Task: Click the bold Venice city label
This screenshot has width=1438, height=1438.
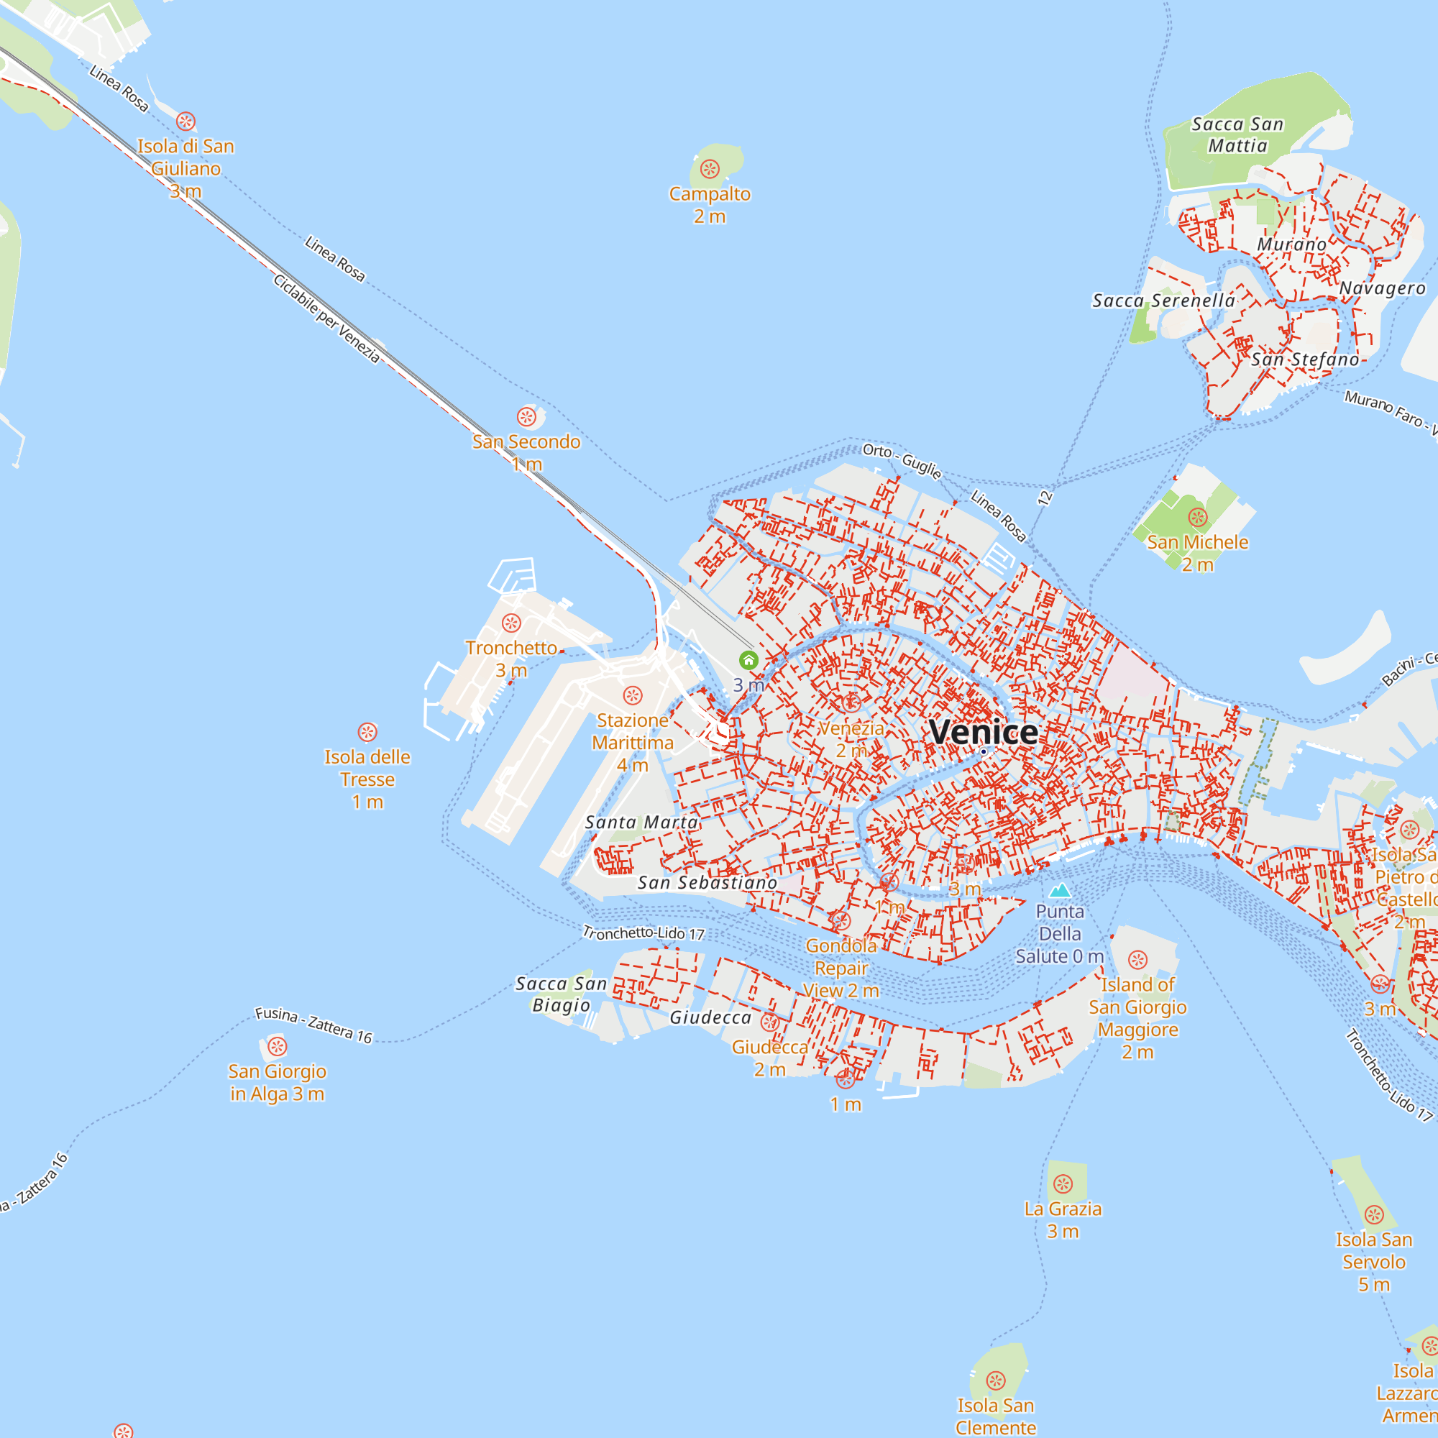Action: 983,733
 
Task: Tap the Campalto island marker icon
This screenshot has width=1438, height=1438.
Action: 710,170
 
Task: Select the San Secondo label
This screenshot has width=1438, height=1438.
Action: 526,442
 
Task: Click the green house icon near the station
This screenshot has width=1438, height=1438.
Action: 748,660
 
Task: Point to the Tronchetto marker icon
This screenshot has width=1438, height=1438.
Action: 511,623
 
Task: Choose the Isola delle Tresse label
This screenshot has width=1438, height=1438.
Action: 367,779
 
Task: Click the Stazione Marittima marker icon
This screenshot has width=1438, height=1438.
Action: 633,695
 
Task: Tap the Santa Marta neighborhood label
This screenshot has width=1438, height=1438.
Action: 641,823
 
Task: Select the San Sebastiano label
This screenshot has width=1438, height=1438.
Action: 707,883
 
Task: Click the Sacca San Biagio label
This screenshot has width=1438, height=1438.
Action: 562,994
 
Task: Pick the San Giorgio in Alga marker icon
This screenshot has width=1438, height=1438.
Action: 277,1046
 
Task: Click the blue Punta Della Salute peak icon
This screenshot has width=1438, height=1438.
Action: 1059,890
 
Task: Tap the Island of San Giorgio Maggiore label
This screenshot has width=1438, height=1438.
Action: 1137,1017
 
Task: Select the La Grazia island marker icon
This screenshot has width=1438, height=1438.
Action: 1063,1183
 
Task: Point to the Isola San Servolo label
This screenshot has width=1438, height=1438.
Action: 1374,1261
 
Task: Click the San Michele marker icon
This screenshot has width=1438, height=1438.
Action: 1197,517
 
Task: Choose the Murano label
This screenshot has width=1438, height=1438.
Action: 1291,245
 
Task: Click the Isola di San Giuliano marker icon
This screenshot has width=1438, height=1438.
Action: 186,122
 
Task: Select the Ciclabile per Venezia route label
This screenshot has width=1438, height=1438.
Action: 326,319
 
